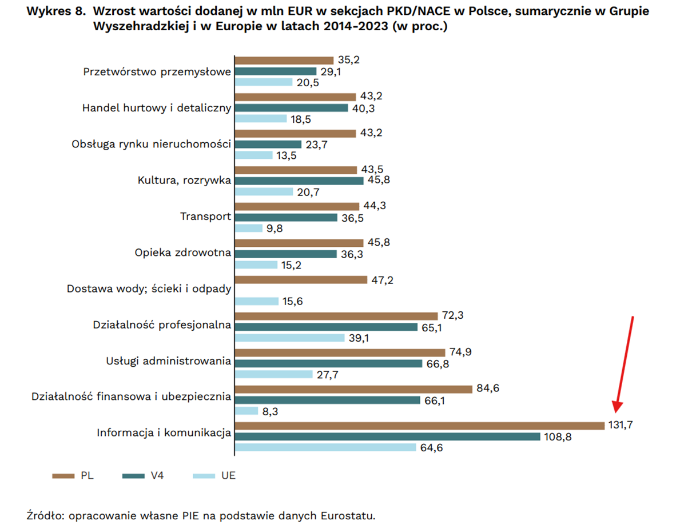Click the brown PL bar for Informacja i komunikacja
pos(419,426)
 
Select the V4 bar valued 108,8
pos(387,436)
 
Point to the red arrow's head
pos(617,408)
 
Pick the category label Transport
pos(205,217)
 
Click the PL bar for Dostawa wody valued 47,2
pos(301,280)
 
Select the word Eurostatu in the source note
pos(353,516)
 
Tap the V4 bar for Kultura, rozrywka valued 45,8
pos(299,181)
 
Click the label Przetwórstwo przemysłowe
pos(157,72)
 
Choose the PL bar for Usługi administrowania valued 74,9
pos(340,352)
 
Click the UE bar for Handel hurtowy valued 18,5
pos(261,118)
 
